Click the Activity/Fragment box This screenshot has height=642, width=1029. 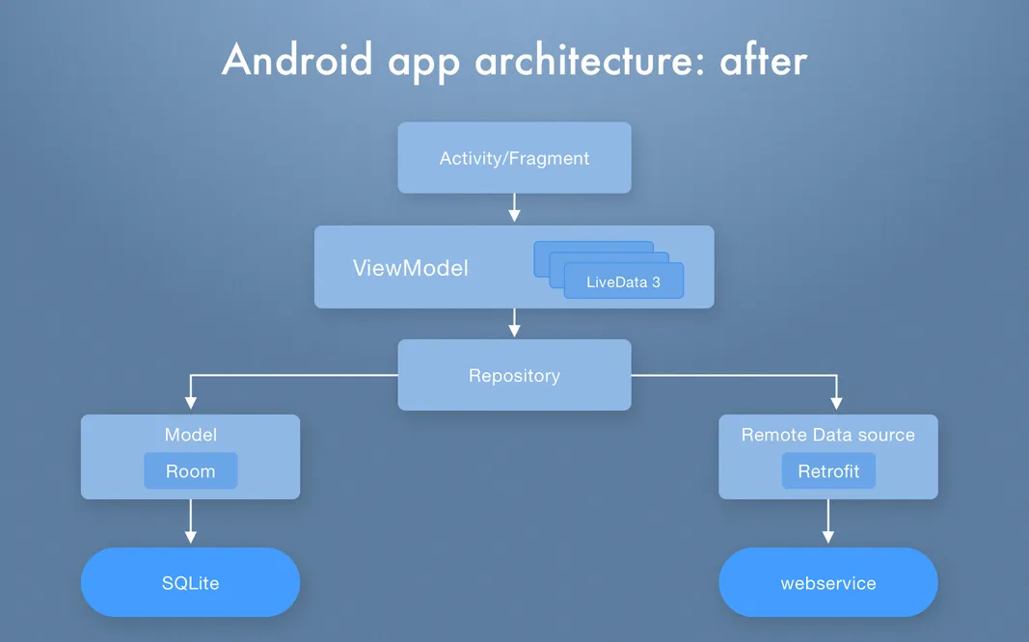pyautogui.click(x=514, y=158)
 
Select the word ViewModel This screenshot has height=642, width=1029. pyautogui.click(x=410, y=268)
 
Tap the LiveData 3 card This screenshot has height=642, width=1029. pyautogui.click(x=623, y=282)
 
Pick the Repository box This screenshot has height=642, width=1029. pyautogui.click(x=514, y=375)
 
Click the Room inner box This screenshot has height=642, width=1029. pyautogui.click(x=190, y=471)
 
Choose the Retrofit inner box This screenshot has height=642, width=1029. pyautogui.click(x=828, y=471)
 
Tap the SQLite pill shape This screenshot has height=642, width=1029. pyautogui.click(x=190, y=582)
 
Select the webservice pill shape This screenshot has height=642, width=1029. pyautogui.click(x=828, y=582)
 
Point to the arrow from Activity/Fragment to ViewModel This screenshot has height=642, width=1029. pyautogui.click(x=514, y=208)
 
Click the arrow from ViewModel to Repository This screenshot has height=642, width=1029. pyautogui.click(x=514, y=323)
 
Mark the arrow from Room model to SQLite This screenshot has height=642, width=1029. pyautogui.click(x=190, y=522)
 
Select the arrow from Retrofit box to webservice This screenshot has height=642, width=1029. pyautogui.click(x=828, y=522)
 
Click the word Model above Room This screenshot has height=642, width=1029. pyautogui.click(x=190, y=435)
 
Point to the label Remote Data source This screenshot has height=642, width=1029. pyautogui.click(x=828, y=435)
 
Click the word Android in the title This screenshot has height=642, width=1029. pyautogui.click(x=297, y=61)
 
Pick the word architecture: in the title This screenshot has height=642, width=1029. pyautogui.click(x=589, y=61)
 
